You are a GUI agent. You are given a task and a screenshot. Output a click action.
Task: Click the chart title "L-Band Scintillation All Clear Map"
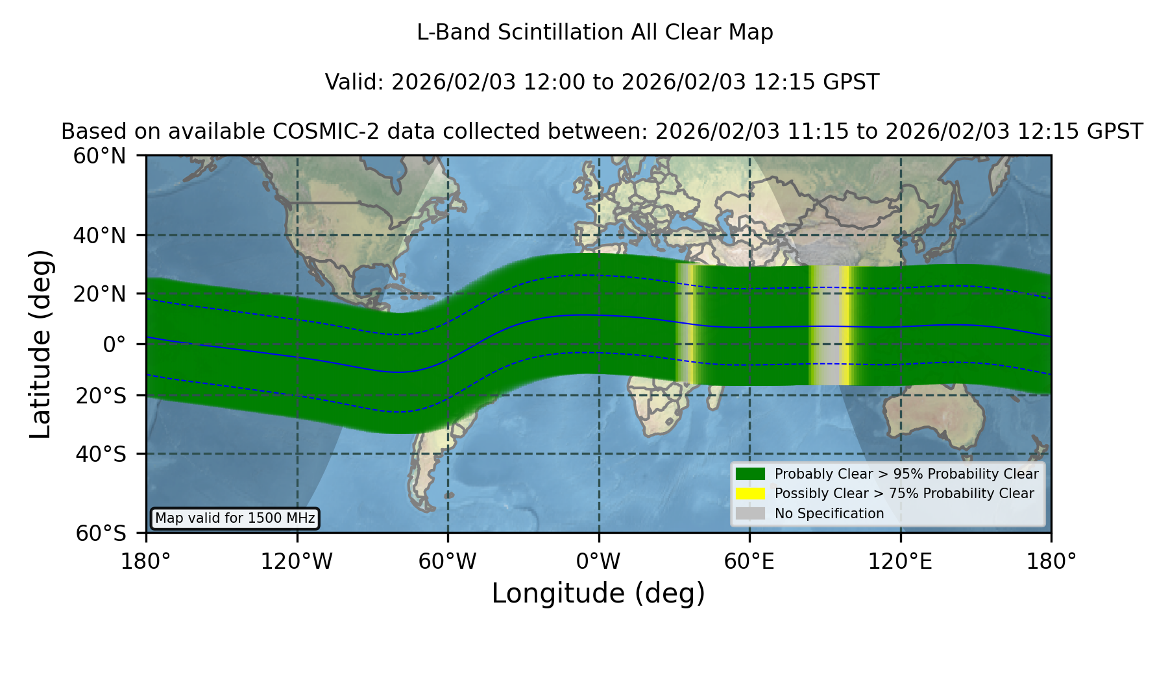(594, 32)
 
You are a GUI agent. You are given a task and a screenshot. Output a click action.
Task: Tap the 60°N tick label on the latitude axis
(99, 156)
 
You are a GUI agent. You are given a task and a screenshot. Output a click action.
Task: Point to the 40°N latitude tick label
(99, 235)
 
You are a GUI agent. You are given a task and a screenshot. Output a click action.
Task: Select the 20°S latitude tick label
(101, 395)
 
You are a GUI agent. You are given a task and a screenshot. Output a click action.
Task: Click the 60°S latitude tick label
(101, 533)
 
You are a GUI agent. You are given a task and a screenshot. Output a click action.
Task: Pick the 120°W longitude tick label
(297, 562)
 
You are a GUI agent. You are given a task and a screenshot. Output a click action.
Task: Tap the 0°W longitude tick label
(598, 562)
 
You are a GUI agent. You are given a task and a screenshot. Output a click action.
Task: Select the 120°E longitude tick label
(900, 562)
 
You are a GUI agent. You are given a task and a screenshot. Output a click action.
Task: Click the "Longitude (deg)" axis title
(598, 593)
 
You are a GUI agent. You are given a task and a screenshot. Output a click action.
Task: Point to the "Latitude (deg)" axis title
(40, 344)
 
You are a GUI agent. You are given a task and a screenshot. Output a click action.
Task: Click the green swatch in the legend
(750, 474)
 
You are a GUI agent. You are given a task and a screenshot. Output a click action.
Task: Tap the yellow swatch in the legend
(750, 494)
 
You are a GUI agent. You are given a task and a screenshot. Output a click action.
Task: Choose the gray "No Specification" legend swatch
(750, 514)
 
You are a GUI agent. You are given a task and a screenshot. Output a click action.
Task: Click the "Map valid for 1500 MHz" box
(235, 518)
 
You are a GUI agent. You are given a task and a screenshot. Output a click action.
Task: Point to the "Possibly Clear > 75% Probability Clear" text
(904, 494)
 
